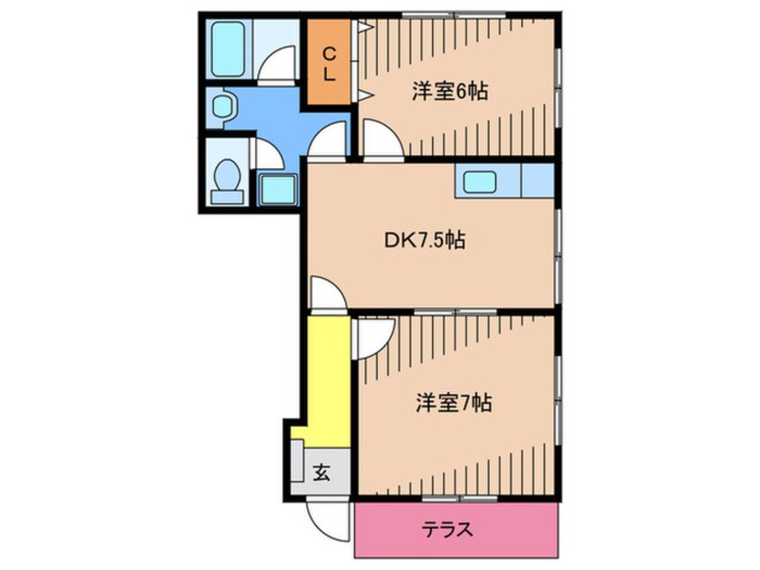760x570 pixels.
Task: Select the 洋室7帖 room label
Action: [x=453, y=404]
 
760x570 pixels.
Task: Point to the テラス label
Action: [x=447, y=530]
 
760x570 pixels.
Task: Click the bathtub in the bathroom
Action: [x=228, y=49]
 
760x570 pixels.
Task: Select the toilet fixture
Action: [x=227, y=174]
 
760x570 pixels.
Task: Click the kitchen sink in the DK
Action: [x=486, y=182]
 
